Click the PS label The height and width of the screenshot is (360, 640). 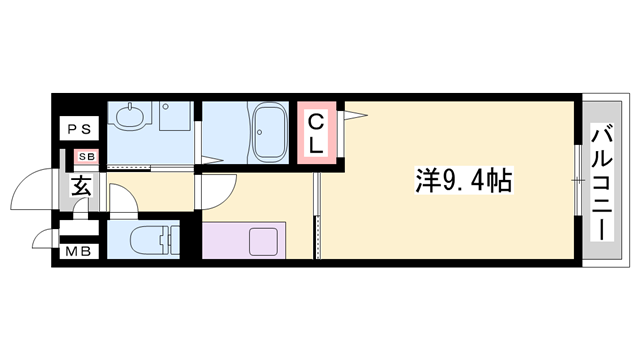coord(79,129)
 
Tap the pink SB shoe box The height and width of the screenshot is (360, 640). coord(86,157)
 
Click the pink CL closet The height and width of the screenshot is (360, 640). coord(316,133)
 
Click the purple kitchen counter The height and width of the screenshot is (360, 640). coord(245,241)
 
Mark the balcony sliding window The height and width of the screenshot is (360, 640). coord(578,181)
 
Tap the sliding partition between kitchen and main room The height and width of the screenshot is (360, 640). coord(318,215)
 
